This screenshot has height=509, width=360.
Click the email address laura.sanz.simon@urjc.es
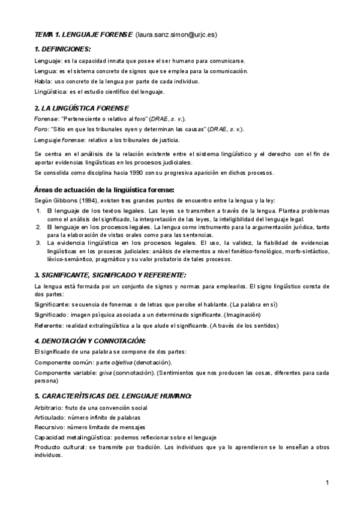(x=176, y=35)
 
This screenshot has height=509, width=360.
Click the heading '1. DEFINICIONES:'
(x=63, y=49)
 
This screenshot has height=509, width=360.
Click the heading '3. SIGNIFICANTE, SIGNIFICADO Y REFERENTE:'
(x=103, y=274)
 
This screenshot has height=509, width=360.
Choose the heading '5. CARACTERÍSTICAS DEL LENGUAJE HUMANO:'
(x=113, y=396)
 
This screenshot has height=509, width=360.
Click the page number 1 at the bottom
(x=328, y=483)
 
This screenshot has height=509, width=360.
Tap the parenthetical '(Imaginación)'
(x=244, y=315)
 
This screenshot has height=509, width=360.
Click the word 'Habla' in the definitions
(x=43, y=81)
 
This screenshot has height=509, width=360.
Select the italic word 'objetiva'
(x=121, y=363)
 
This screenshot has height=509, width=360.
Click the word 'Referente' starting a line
(x=49, y=325)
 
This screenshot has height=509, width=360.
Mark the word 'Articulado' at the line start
(x=49, y=417)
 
